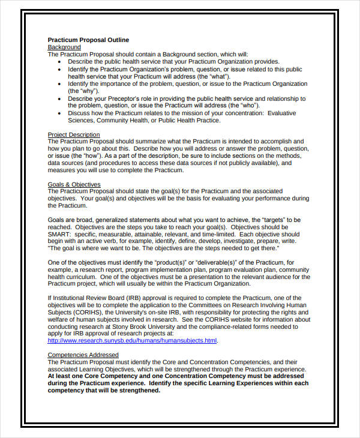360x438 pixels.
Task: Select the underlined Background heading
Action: (x=64, y=47)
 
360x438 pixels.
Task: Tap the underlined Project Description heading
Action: (x=74, y=134)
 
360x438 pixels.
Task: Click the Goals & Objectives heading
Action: (x=74, y=184)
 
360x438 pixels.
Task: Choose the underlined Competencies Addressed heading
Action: (x=83, y=355)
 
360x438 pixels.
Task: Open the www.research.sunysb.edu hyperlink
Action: (x=132, y=341)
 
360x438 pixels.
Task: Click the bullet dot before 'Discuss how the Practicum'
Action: (x=61, y=113)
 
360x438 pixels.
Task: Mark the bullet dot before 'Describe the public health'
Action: (x=61, y=62)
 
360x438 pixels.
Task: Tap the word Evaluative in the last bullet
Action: (x=282, y=113)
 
